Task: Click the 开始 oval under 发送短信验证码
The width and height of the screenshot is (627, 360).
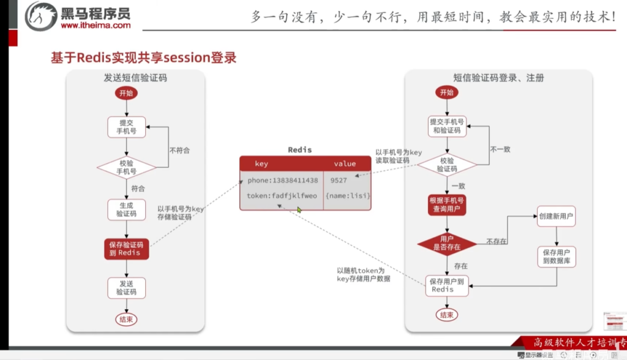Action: (x=126, y=94)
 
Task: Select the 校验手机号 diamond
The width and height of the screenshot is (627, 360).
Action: (x=126, y=167)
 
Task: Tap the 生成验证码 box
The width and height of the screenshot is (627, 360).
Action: (x=126, y=209)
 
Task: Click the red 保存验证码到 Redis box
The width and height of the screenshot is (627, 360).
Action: (x=126, y=249)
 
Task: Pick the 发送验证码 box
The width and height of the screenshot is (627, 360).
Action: (x=126, y=288)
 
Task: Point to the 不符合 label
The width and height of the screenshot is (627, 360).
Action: (x=179, y=149)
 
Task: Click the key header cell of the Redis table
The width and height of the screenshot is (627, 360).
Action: (x=261, y=164)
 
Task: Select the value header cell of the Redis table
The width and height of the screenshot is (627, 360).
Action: (x=345, y=164)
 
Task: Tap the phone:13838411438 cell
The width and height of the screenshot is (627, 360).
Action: (x=282, y=181)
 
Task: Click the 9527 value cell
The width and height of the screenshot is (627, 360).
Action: (x=338, y=181)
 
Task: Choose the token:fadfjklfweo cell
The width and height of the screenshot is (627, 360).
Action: (x=282, y=196)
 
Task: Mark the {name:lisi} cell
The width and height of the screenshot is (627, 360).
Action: (x=346, y=196)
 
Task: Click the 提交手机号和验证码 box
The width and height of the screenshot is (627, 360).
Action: (x=448, y=126)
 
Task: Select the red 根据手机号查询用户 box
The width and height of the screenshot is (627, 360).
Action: (x=448, y=205)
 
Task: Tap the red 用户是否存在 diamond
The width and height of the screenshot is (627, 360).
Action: (x=448, y=243)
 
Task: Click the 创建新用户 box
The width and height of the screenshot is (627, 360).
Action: (x=556, y=217)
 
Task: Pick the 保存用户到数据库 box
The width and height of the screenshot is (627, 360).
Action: (x=556, y=257)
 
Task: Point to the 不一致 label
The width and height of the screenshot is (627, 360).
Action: (x=500, y=149)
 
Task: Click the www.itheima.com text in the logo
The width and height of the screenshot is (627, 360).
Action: (x=96, y=26)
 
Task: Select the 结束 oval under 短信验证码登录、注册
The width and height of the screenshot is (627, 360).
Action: (x=446, y=315)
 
